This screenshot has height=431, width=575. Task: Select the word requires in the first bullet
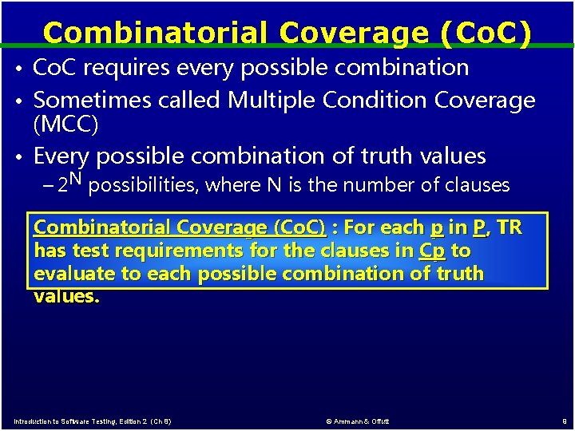click(125, 68)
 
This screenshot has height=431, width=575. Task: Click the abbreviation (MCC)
click(66, 125)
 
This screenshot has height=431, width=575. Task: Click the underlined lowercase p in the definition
click(436, 227)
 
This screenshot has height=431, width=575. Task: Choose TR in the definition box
click(509, 227)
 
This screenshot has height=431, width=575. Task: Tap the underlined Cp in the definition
click(433, 251)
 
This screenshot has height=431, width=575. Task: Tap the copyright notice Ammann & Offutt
click(359, 421)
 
